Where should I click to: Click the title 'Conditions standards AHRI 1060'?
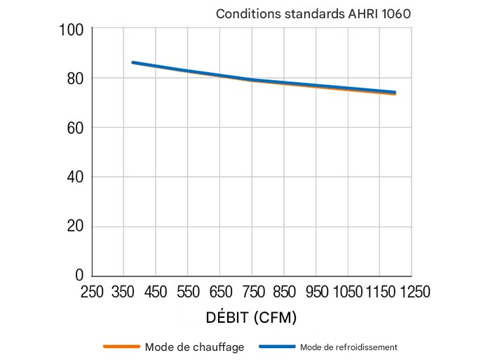[312, 13]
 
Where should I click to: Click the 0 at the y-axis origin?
[79, 275]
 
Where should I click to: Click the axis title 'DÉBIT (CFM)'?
[251, 317]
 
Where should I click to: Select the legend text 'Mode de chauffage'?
[194, 347]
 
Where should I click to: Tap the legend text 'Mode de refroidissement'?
[348, 347]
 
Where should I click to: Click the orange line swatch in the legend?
[122, 347]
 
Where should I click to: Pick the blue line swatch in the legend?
[276, 347]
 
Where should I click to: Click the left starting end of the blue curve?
[133, 62]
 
